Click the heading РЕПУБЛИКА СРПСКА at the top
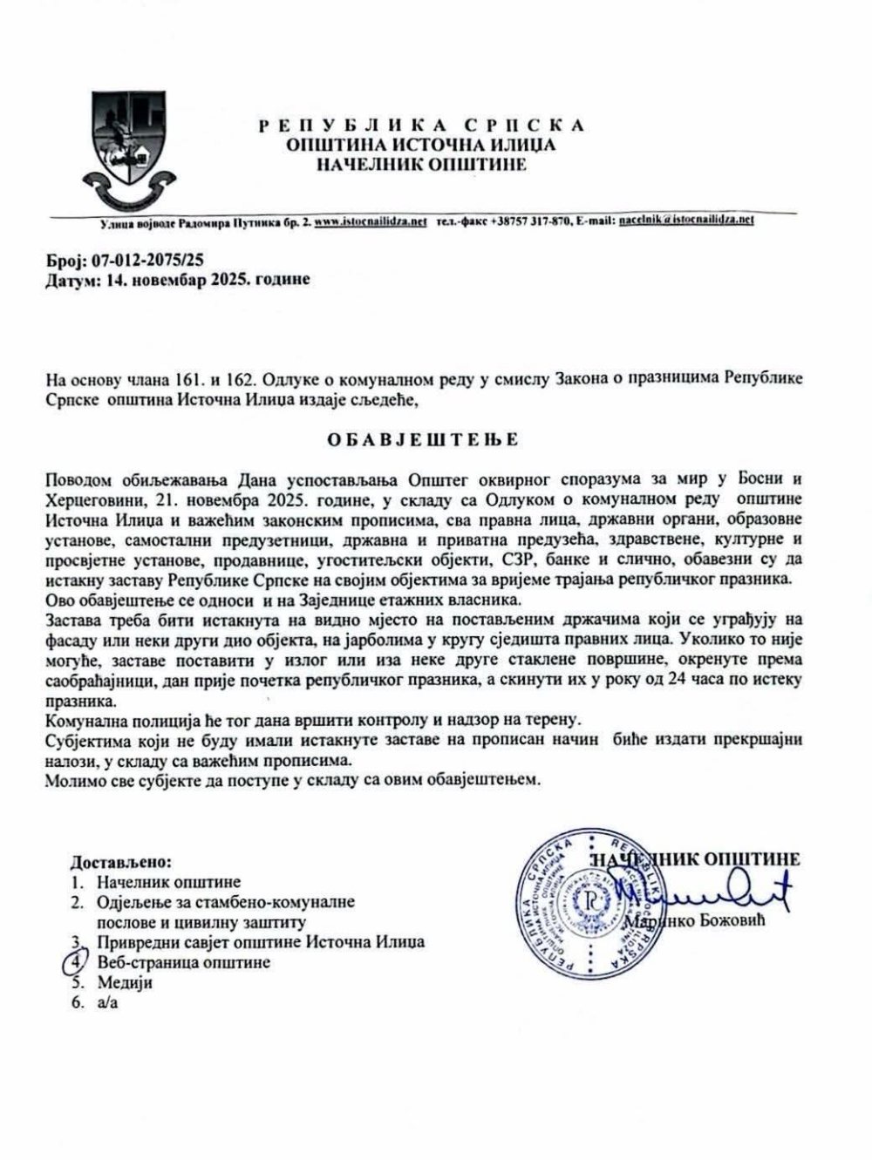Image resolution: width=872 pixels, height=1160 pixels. [422, 125]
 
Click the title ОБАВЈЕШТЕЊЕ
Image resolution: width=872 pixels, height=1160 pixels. [422, 439]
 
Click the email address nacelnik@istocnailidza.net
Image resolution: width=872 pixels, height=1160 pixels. [685, 221]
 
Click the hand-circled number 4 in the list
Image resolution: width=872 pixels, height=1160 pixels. [78, 961]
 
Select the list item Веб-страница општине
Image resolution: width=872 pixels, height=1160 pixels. [184, 962]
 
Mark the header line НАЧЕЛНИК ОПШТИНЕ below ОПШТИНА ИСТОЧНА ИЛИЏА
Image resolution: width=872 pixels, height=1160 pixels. [422, 164]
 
